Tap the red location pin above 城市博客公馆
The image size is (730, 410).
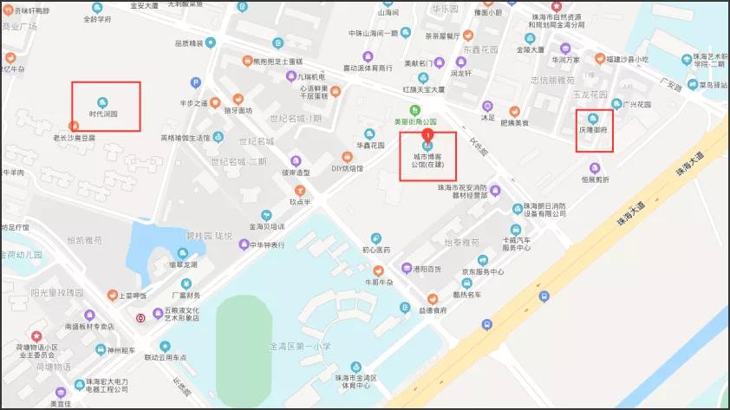click(x=427, y=134)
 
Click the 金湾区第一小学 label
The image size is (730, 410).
click(x=300, y=346)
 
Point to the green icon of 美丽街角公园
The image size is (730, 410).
click(x=415, y=110)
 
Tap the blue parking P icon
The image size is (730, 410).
click(x=195, y=83)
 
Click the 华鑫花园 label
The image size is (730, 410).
click(x=370, y=146)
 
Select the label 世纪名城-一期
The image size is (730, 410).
click(x=296, y=119)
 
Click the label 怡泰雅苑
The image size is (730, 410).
click(x=461, y=243)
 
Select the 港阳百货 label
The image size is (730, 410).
click(x=427, y=270)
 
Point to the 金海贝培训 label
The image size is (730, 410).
click(x=267, y=227)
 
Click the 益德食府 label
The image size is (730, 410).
click(x=431, y=309)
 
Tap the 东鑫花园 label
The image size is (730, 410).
click(x=476, y=49)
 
